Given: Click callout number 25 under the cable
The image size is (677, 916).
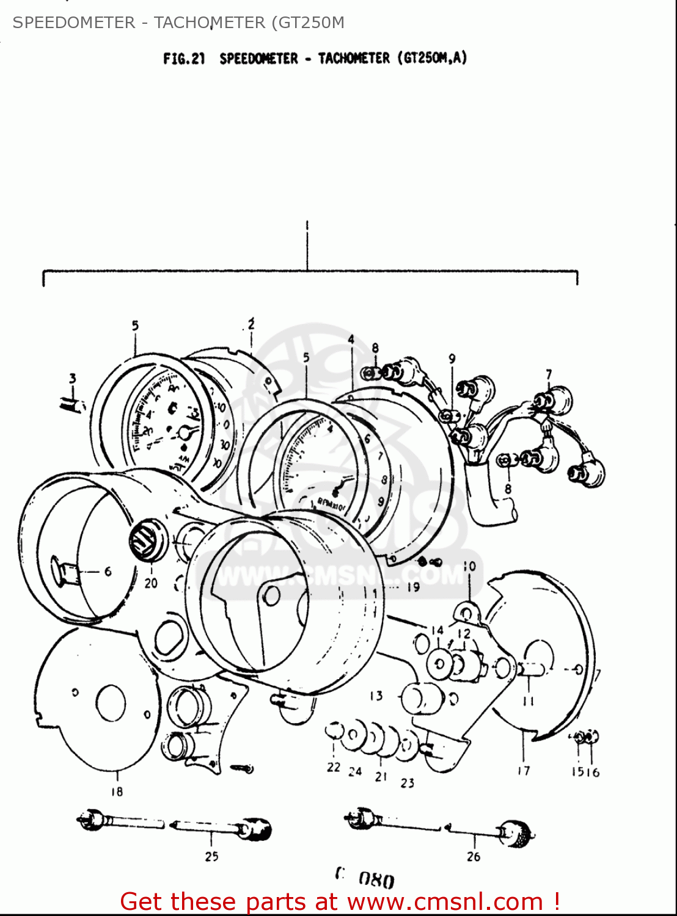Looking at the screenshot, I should point(211,856).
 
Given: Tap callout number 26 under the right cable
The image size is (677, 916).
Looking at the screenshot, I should point(474,857).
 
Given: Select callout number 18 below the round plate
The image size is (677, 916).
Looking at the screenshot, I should point(117,791).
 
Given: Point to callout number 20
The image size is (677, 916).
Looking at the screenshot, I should point(151,583).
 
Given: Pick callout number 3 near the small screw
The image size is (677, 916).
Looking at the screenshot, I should point(73,379).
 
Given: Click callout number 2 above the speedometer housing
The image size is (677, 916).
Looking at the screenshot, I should point(251,324).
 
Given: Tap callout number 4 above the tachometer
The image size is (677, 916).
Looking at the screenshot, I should point(351,340).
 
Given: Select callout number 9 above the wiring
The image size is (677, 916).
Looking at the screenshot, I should point(452,358).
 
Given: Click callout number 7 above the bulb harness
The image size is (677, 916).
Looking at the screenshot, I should point(549,374).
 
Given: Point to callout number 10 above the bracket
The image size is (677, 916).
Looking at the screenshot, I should point(469,566).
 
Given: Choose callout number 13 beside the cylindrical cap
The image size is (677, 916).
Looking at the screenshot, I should point(376,696).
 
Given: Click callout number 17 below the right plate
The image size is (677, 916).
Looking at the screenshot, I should point(524,771).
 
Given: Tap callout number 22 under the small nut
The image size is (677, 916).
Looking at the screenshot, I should point(333,767).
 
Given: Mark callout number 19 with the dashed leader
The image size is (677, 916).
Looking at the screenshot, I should point(414,587).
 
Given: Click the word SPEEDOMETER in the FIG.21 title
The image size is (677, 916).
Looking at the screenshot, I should point(258,59).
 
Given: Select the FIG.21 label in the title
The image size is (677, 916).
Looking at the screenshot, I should point(183,59).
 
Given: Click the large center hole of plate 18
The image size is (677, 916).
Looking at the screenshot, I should point(111,702).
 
